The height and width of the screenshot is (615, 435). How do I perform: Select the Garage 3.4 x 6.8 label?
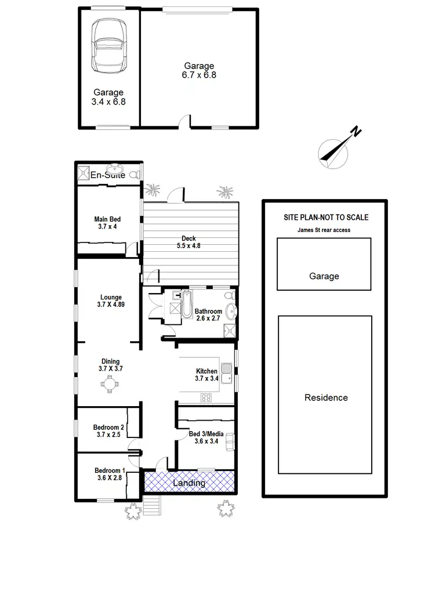[108, 97]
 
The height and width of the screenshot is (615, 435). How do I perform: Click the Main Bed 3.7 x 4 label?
[107, 223]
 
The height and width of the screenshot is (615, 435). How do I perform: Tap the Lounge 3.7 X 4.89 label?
[110, 301]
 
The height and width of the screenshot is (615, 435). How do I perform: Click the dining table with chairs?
[109, 383]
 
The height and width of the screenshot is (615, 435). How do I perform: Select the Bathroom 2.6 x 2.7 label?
[208, 315]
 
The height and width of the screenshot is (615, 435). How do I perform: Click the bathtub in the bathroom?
[186, 305]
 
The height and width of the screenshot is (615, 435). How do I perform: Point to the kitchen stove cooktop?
[205, 397]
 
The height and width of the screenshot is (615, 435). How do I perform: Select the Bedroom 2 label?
[108, 431]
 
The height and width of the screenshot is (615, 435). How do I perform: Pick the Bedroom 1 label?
[109, 474]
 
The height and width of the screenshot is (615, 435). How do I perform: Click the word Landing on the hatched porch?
[190, 483]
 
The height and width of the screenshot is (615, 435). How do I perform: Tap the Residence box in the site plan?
[326, 397]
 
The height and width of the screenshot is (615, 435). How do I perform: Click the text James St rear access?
[324, 230]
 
